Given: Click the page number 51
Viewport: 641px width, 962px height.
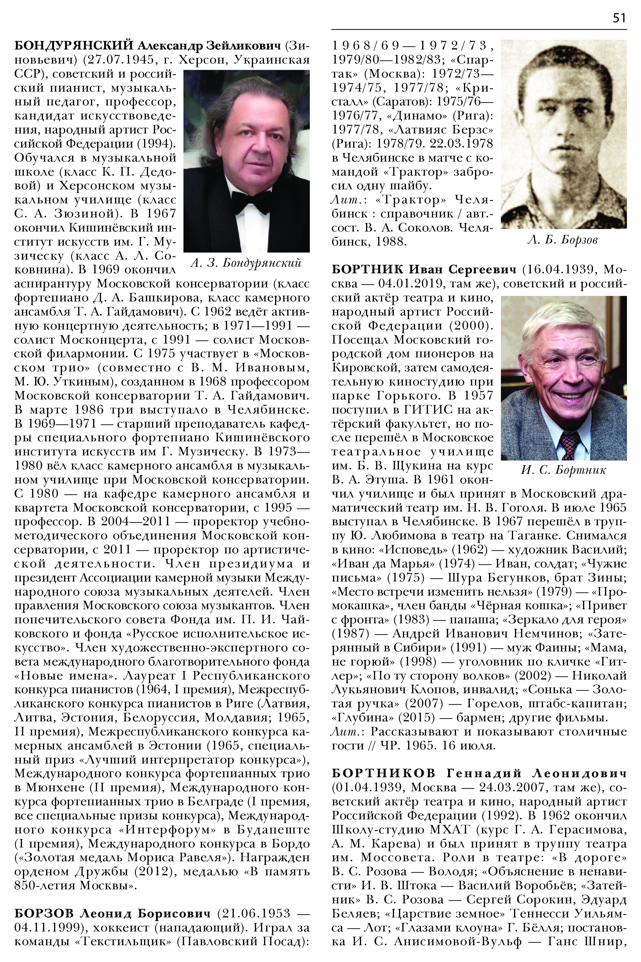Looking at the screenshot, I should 619,18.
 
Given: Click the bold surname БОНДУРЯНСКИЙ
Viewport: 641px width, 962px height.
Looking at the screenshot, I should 74,46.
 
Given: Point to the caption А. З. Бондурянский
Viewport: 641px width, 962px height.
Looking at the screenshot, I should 246,263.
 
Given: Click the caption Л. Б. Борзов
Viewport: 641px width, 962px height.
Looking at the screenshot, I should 563,240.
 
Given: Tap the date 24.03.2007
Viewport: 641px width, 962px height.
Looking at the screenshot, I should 536,787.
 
